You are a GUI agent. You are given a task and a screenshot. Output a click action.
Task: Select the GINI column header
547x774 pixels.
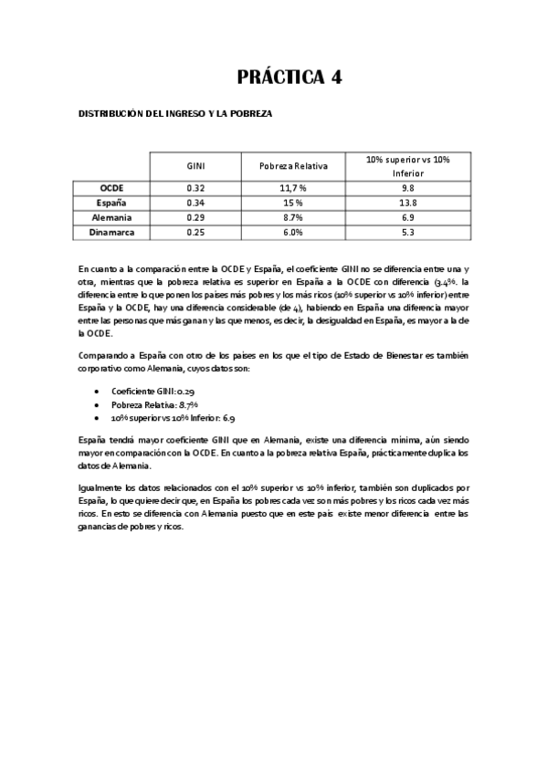click(195, 166)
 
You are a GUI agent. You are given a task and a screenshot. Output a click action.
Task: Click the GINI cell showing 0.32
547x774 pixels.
click(195, 187)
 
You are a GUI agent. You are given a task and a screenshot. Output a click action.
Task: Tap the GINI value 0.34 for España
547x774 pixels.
click(195, 202)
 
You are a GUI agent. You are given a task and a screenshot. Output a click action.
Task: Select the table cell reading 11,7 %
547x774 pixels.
click(292, 187)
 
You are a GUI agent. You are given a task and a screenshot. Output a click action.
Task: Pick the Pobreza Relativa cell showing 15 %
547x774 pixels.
click(292, 202)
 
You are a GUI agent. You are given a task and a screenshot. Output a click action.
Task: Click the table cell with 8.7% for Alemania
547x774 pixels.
click(292, 217)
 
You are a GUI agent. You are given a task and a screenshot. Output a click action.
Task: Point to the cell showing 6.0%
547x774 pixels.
click(292, 233)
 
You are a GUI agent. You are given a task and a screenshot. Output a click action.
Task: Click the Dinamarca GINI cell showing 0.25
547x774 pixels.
click(195, 233)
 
